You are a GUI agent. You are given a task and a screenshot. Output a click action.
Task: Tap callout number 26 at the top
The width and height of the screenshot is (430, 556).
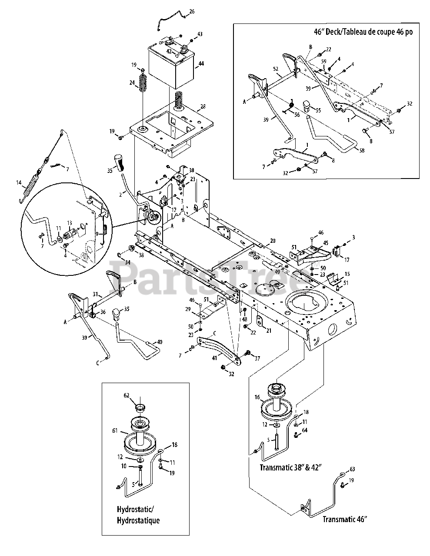pyautogui.click(x=192, y=11)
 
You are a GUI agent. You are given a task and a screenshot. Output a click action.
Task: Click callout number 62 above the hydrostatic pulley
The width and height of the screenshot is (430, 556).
pyautogui.click(x=127, y=396)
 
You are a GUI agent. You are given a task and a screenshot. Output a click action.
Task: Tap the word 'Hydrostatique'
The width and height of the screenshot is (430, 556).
pyautogui.click(x=138, y=520)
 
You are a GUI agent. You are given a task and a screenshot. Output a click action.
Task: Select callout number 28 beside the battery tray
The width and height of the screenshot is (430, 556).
pyautogui.click(x=203, y=107)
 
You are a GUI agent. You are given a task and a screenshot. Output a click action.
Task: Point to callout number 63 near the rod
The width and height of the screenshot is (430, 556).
pyautogui.click(x=352, y=469)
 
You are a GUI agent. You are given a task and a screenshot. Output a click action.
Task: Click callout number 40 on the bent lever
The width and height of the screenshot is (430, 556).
pyautogui.click(x=147, y=342)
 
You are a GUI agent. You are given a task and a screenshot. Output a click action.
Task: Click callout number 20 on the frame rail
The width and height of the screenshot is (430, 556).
pyautogui.click(x=273, y=241)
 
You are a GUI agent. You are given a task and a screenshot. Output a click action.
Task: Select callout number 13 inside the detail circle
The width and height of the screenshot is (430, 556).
pyautogui.click(x=69, y=223)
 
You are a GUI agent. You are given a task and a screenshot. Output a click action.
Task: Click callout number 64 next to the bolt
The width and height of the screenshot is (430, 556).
pyautogui.click(x=304, y=430)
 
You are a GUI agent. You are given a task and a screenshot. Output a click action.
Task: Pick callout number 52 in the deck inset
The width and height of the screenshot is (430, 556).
pyautogui.click(x=275, y=69)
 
